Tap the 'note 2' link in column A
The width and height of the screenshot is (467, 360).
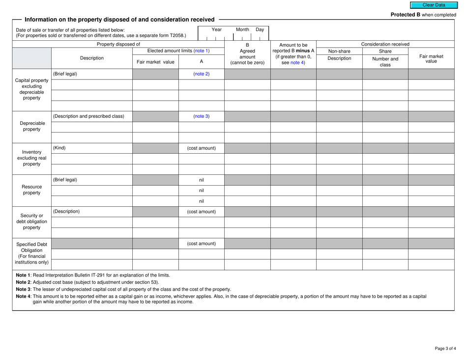[x=201, y=74]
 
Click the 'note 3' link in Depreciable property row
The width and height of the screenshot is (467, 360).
[x=201, y=116]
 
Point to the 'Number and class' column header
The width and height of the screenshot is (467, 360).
[x=385, y=61]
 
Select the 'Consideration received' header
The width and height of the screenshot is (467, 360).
[x=385, y=44]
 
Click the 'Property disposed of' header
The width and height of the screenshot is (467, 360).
[x=118, y=44]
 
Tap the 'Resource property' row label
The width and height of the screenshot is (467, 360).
[x=32, y=190]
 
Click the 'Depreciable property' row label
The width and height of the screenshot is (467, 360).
[x=32, y=127]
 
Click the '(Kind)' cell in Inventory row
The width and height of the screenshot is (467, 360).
[x=59, y=148]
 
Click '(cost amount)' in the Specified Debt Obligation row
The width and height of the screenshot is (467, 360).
[x=201, y=243]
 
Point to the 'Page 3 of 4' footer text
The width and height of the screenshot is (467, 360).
[x=445, y=349]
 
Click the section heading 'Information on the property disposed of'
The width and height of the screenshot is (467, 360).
[x=119, y=19]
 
